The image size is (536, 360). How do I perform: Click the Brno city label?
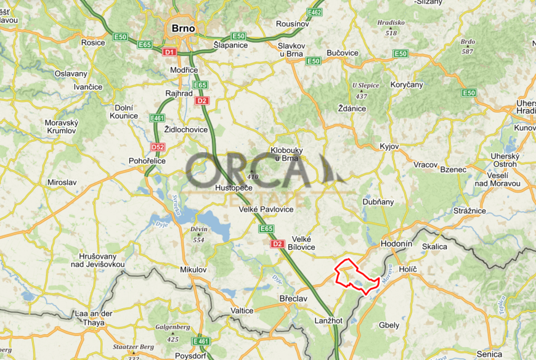tap(182, 28)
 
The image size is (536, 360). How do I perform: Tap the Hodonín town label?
tap(397, 244)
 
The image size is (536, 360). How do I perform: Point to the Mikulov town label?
tap(193, 270)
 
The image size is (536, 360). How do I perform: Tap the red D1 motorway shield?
tap(169, 52)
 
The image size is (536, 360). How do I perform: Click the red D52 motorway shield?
tap(158, 147)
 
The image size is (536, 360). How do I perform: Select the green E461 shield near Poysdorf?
tap(201, 341)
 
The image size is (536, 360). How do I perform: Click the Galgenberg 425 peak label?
tap(172, 333)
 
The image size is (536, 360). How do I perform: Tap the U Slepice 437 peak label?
tap(361, 90)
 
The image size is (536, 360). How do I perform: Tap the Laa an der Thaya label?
tap(94, 317)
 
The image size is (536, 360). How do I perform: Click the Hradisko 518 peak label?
tap(391, 27)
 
